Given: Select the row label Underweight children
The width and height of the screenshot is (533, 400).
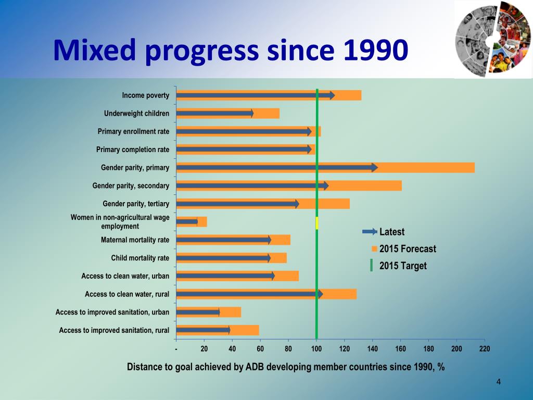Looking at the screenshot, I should click(x=136, y=114).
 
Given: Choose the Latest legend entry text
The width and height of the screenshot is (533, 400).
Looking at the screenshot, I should click(x=392, y=232).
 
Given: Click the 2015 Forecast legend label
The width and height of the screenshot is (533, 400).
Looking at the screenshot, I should click(x=408, y=249).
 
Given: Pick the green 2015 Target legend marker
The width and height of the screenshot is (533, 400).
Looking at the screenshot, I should click(x=371, y=266).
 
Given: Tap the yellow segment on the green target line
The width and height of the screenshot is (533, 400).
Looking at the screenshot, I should click(x=316, y=223).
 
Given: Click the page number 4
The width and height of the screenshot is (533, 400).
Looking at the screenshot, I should click(x=499, y=383).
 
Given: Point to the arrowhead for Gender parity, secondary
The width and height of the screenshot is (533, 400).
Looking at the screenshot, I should click(x=326, y=185).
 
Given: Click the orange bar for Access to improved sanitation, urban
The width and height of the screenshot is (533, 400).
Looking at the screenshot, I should click(x=231, y=312).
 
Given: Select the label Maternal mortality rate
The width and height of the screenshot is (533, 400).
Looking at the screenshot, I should click(x=135, y=240).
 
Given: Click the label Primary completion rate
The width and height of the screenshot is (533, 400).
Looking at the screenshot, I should click(x=133, y=149).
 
